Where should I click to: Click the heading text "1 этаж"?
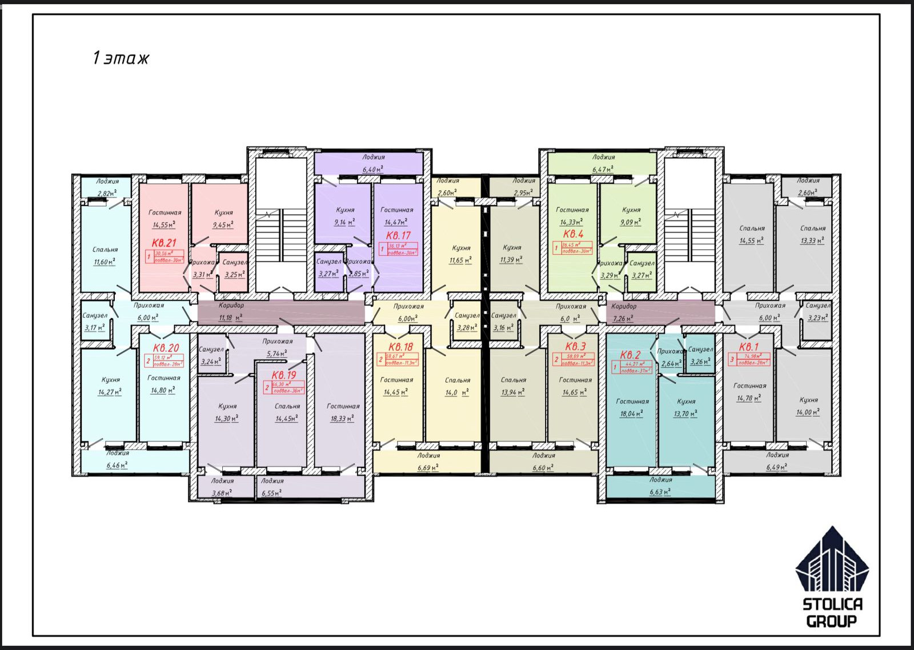pyautogui.click(x=121, y=58)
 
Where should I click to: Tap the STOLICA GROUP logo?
pyautogui.click(x=832, y=577)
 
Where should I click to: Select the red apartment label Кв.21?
pyautogui.click(x=164, y=243)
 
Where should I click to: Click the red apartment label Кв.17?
pyautogui.click(x=398, y=235)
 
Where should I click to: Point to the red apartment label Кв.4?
pyautogui.click(x=573, y=234)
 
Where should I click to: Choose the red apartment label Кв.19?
pyautogui.click(x=284, y=375)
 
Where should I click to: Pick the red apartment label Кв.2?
pyautogui.click(x=630, y=355)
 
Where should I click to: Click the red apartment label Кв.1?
pyautogui.click(x=748, y=347)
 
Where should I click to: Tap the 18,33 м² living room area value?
pyautogui.click(x=342, y=419)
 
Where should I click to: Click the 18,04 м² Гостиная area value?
pyautogui.click(x=631, y=414)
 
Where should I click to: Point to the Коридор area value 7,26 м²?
pyautogui.click(x=623, y=319)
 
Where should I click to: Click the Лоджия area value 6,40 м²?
pyautogui.click(x=373, y=169)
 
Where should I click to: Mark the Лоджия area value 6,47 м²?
pyautogui.click(x=603, y=169)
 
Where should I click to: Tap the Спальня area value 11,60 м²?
pyautogui.click(x=105, y=262)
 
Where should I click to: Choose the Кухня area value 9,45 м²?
pyautogui.click(x=223, y=225)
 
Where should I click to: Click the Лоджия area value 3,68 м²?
pyautogui.click(x=222, y=493)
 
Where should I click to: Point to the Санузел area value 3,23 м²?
pyautogui.click(x=817, y=318)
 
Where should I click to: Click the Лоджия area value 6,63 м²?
pyautogui.click(x=660, y=492)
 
